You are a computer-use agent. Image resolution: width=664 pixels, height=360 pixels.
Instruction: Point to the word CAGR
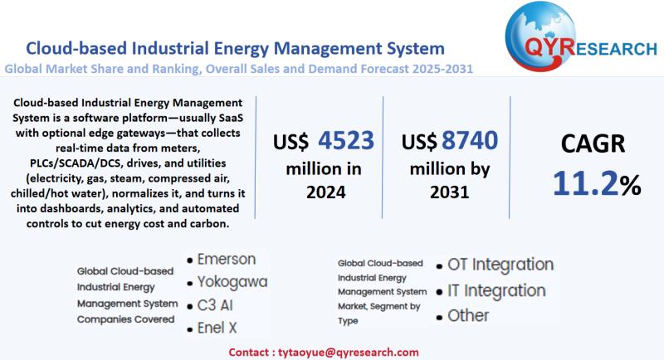pyautogui.click(x=595, y=146)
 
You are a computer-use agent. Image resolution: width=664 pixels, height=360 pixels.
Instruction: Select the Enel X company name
pyautogui.click(x=217, y=328)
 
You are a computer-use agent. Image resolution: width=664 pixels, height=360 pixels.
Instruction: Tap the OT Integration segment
pyautogui.click(x=500, y=265)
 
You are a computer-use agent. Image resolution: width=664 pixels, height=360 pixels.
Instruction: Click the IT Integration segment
pyautogui.click(x=496, y=290)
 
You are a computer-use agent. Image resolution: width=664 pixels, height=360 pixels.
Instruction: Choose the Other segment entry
pyautogui.click(x=468, y=316)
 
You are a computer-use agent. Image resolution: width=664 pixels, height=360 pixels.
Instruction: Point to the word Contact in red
pyautogui.click(x=248, y=351)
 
